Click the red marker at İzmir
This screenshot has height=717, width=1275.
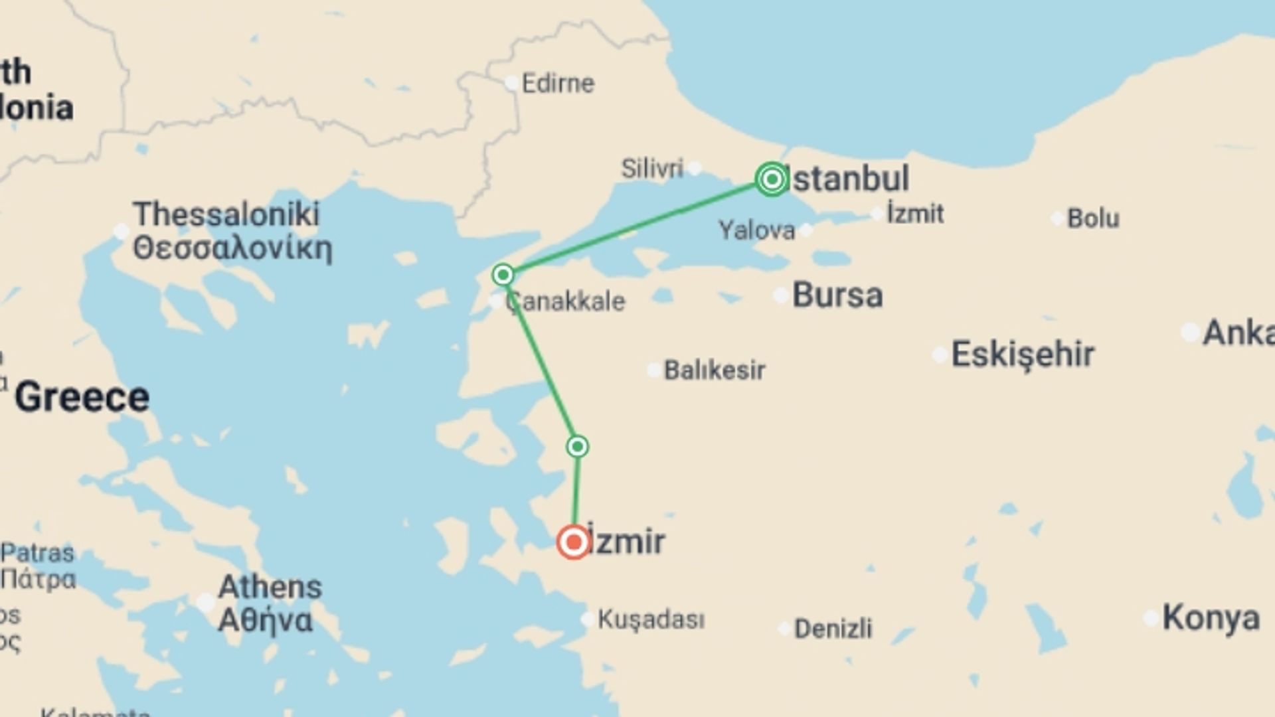point(574,542)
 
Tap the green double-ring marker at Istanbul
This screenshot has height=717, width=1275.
point(772,179)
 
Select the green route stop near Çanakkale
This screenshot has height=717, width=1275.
point(503,274)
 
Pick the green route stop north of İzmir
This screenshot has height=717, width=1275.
point(578,446)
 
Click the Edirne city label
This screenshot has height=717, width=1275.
point(558,84)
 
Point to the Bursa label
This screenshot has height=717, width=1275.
point(837,295)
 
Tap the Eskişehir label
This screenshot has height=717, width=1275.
point(1023,354)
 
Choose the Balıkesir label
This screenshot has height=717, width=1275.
point(715,370)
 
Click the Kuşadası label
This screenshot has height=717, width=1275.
point(651,619)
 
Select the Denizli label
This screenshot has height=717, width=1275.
point(833,628)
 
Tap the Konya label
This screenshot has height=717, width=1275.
point(1211,618)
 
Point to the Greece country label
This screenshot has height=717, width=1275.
point(82,397)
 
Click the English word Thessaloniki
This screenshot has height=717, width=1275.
point(226,214)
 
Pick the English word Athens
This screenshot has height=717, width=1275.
point(270,587)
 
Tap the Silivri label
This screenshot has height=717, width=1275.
point(651,169)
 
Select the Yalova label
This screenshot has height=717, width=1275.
point(756,230)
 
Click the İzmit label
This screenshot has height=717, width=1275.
point(915,214)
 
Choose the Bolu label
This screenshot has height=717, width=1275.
point(1093,218)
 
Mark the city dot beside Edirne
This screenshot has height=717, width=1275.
point(512,84)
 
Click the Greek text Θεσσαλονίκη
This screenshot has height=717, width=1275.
point(232,248)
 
